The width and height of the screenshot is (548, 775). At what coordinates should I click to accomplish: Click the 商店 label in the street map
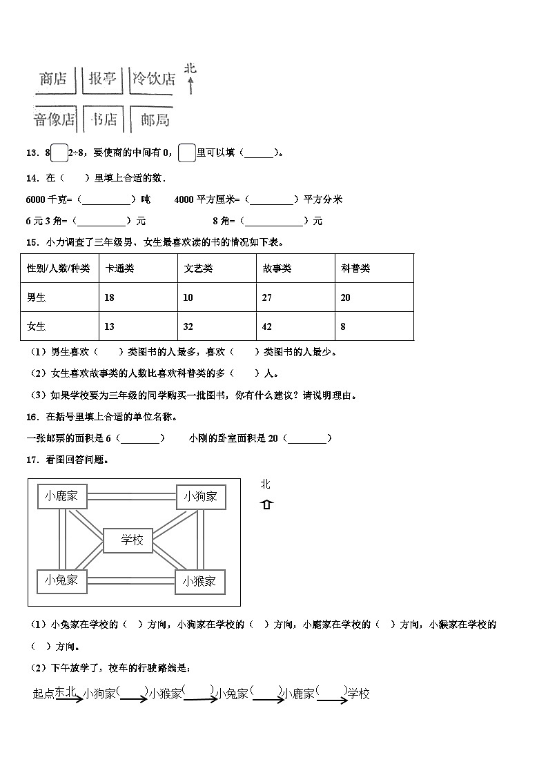coord(53,79)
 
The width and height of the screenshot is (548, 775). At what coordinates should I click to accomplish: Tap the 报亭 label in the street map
coord(102,79)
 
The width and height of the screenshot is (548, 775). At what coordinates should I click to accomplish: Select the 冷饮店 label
coord(154,79)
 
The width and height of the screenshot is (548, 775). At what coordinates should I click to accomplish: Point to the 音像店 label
coord(54,119)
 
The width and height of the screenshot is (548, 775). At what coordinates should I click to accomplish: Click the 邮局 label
coord(155,119)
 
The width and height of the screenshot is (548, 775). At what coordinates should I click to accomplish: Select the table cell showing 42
coord(268,326)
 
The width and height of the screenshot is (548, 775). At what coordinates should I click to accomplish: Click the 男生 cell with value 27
coord(268,297)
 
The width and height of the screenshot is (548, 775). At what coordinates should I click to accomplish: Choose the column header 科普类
coord(355,268)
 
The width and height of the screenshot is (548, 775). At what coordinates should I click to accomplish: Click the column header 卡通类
coord(119,268)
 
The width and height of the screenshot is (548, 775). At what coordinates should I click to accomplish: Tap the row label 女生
coord(36,326)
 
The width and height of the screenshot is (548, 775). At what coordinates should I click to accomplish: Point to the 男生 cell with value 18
coord(109,297)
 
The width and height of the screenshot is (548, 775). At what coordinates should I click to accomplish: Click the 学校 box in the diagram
coord(132,540)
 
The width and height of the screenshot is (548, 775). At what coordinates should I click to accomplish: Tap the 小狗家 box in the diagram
coord(200,496)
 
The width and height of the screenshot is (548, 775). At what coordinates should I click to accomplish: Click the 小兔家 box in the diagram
coord(61,580)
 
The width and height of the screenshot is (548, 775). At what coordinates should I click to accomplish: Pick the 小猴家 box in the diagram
coord(199,581)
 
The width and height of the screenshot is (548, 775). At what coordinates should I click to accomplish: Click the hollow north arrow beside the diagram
coord(266,504)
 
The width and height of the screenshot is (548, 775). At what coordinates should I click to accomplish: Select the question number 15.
coord(31,242)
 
